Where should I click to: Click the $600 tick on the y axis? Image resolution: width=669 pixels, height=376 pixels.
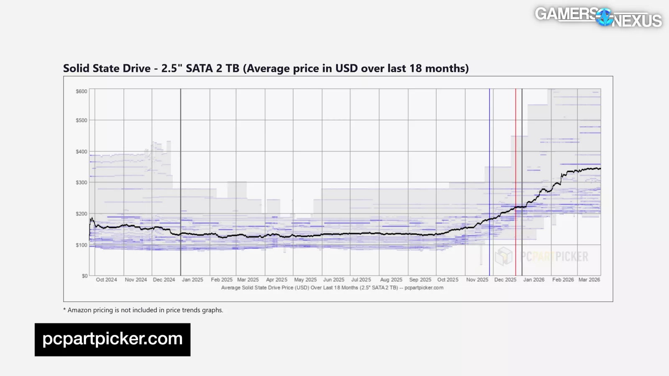coord(82,91)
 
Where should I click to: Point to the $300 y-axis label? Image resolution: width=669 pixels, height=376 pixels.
coord(82,183)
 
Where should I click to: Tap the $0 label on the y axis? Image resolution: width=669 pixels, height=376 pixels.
coord(84,276)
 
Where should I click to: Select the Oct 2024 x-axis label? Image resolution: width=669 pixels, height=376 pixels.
coord(106,280)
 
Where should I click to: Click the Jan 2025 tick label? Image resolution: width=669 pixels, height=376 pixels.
coord(192,280)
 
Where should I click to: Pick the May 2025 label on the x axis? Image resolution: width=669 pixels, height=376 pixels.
coord(305,280)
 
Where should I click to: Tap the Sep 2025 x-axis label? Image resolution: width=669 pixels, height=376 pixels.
coord(420,280)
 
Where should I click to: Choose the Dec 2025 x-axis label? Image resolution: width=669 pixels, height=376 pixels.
coord(505,280)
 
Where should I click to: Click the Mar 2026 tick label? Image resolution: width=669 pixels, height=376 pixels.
coord(589,280)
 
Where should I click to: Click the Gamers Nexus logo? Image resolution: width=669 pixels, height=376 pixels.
coord(598,17)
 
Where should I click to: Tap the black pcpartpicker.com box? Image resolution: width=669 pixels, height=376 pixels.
coord(112,339)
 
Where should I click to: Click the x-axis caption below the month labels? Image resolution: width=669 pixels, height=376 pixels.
coord(332,288)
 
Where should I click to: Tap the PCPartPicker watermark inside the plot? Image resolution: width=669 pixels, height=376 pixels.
coord(542,256)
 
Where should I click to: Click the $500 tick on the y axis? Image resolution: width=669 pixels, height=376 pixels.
coord(82,120)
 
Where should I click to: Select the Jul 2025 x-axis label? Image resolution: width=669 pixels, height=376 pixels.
coord(361,280)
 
